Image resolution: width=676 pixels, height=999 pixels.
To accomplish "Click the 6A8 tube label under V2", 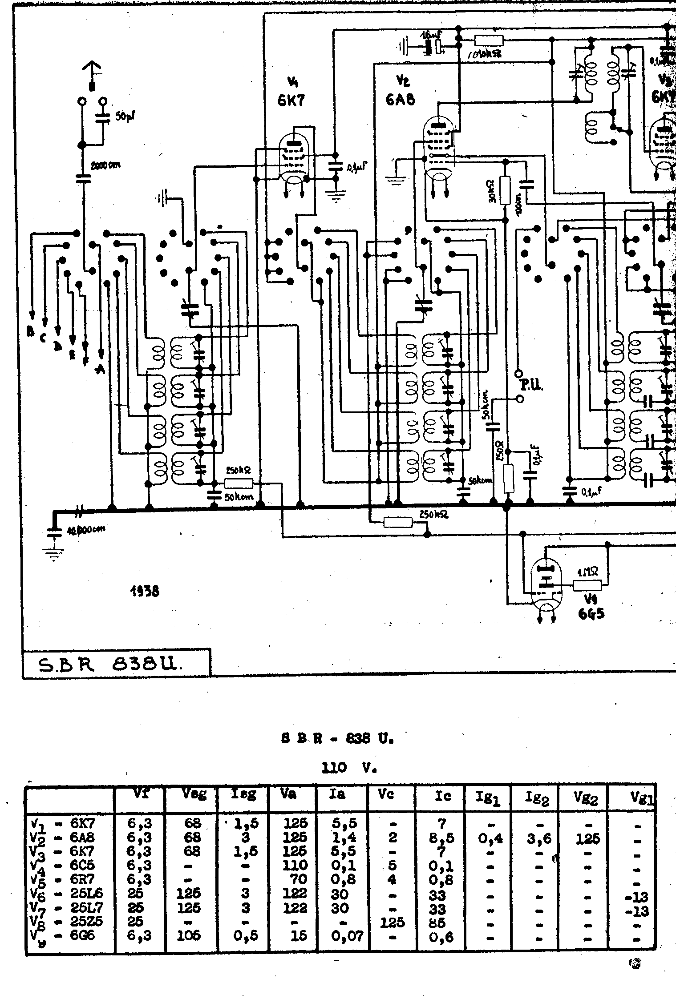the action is click(x=400, y=99).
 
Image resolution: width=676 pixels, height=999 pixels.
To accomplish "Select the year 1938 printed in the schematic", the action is click(x=145, y=591).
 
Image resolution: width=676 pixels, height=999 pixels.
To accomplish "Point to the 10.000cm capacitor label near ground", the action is click(x=86, y=529).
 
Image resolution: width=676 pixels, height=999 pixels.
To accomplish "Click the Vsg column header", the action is click(x=192, y=794).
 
